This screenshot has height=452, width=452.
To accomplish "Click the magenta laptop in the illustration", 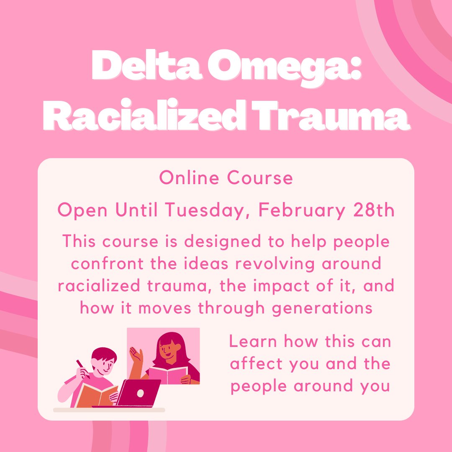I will coord(139,393).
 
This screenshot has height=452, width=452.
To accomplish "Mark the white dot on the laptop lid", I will coord(141,393).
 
